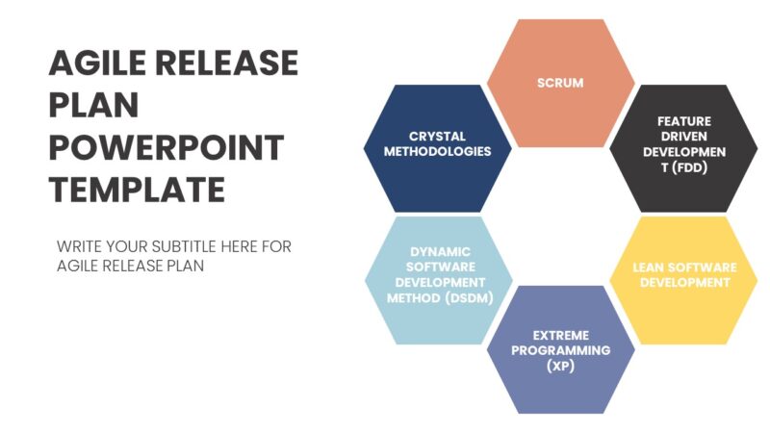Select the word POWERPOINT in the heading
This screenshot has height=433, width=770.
[x=166, y=148]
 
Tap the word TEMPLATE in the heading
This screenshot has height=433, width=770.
[x=137, y=189]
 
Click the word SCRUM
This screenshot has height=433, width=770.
[x=560, y=83]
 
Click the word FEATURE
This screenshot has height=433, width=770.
[x=684, y=121]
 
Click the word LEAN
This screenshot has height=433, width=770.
[x=650, y=267]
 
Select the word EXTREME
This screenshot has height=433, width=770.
[x=560, y=336]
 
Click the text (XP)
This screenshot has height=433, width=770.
[x=560, y=367]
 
